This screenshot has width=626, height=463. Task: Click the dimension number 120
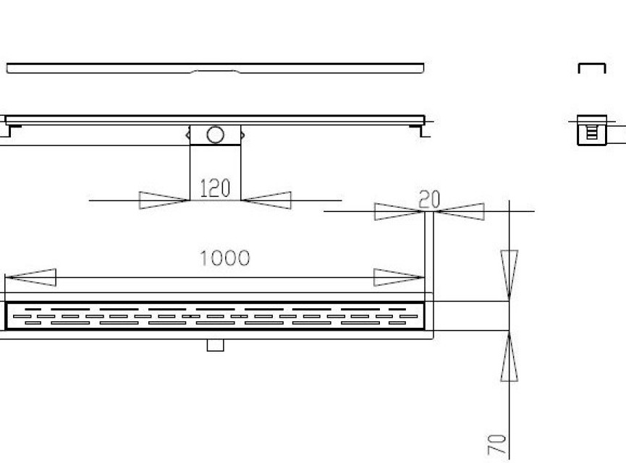tap(215, 188)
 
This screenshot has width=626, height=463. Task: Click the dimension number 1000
tap(225, 258)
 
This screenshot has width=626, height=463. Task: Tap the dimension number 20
tap(429, 199)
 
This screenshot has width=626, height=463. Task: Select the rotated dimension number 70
tap(496, 445)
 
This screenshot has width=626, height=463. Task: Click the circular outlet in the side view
tap(215, 135)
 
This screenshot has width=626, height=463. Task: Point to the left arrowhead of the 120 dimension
tap(164, 200)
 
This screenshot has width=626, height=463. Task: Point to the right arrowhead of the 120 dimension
tap(266, 200)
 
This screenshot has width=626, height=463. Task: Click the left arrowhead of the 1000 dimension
tap(30, 277)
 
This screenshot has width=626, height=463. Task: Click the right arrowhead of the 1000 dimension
tap(399, 277)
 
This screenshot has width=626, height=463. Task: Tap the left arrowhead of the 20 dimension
tap(399, 211)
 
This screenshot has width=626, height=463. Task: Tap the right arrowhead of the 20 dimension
tap(459, 211)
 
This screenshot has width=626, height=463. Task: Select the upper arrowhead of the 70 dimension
tap(509, 276)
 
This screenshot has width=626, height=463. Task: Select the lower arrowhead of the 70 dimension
tap(509, 356)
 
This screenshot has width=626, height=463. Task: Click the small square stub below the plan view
tap(215, 345)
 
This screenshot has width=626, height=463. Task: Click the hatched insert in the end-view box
tap(592, 132)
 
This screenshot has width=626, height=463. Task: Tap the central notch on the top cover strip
tap(216, 72)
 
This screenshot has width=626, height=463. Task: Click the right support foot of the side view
tap(418, 130)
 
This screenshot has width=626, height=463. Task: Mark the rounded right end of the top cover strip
tap(423, 68)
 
